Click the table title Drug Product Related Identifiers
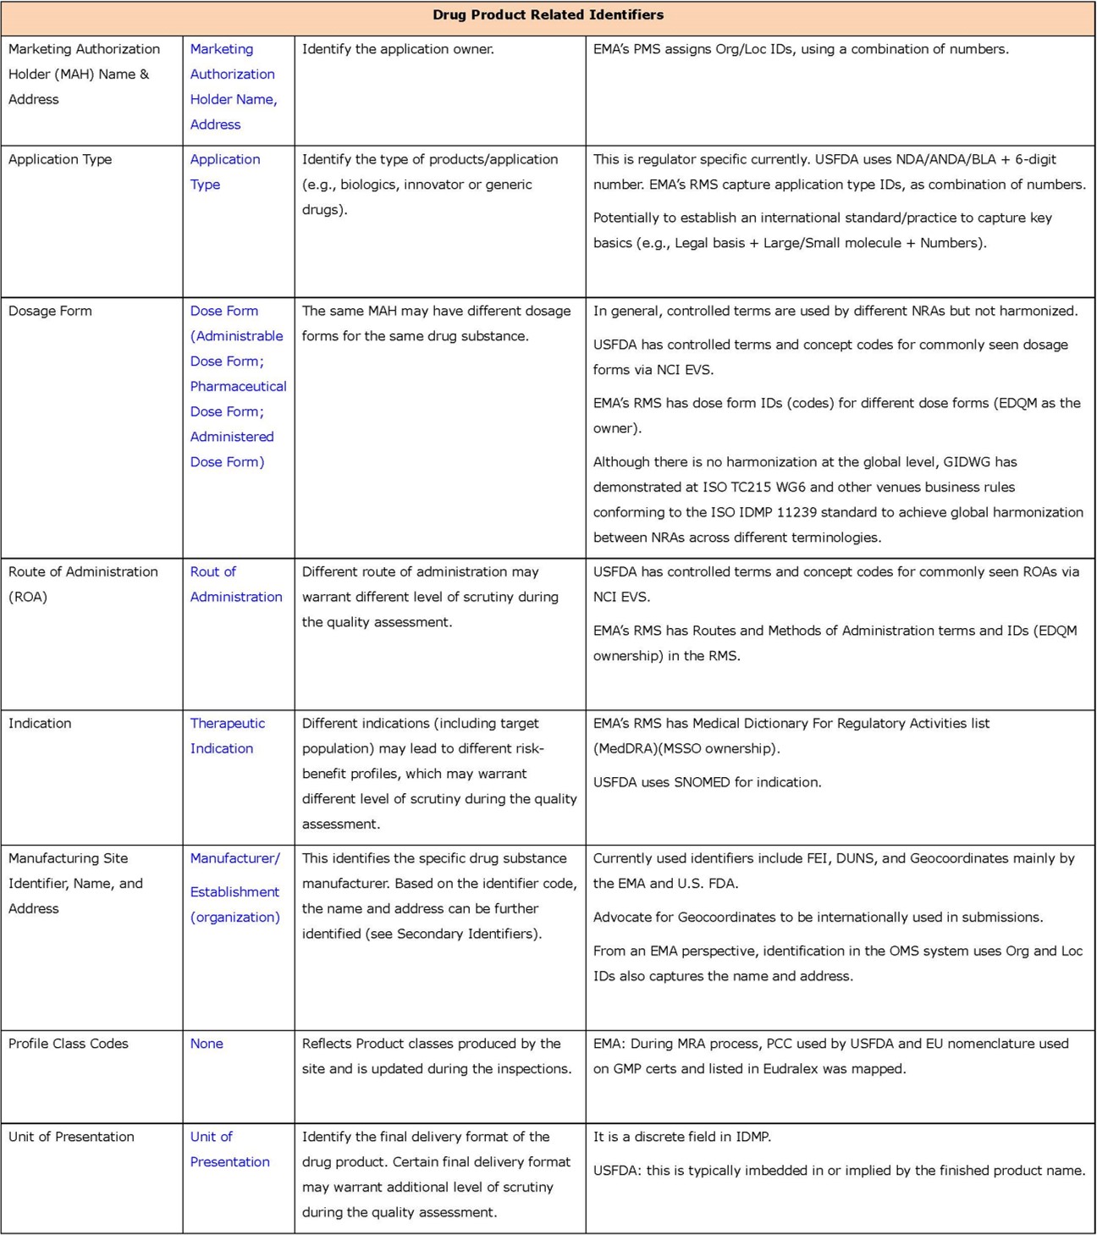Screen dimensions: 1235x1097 (x=548, y=15)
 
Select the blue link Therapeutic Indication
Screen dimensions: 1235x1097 (x=227, y=736)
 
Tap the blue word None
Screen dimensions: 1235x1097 (x=207, y=1044)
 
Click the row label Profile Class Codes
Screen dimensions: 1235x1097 (x=69, y=1044)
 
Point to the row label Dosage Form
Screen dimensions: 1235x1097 (x=50, y=311)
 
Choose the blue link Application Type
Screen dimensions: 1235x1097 (x=224, y=171)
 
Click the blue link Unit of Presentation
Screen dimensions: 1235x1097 (x=229, y=1149)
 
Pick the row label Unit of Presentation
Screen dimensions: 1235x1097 (x=71, y=1137)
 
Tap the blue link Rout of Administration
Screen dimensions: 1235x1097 (x=235, y=584)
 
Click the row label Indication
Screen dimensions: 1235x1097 (x=40, y=723)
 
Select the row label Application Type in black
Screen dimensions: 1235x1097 (x=60, y=159)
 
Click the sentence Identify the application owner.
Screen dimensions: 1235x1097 (x=398, y=49)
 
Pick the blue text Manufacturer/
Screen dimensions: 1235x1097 (x=234, y=858)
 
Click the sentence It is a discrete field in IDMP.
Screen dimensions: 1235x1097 (x=682, y=1137)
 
